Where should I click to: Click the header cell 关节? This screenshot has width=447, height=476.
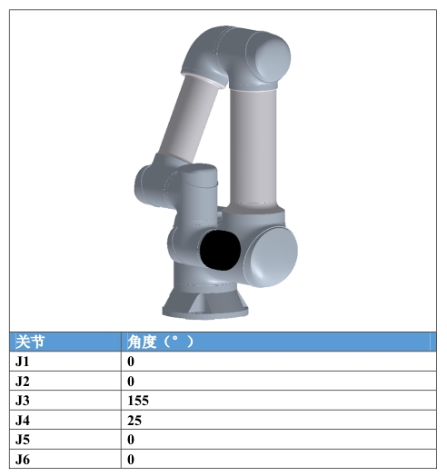coord(30,342)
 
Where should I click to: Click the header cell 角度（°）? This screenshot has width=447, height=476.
coord(160,342)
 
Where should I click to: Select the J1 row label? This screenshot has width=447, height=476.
coord(22,362)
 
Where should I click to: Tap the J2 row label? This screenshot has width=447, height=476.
coord(23,381)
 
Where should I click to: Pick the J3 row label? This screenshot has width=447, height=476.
coord(23,401)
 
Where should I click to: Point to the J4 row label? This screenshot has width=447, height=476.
coord(23,421)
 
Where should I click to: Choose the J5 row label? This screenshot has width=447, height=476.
coord(23,440)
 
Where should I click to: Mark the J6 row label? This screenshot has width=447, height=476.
coord(23,460)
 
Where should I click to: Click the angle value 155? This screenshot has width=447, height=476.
coord(138,401)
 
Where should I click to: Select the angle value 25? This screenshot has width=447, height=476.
coord(134,421)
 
